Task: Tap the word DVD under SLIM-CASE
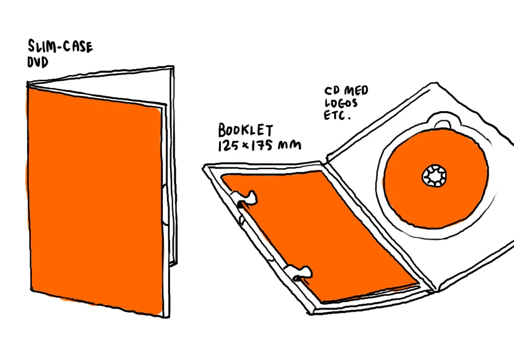[x=37, y=63]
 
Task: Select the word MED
[x=357, y=91]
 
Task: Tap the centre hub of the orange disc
[x=435, y=176]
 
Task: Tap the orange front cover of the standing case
[x=95, y=201]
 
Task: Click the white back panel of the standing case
[x=170, y=170]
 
